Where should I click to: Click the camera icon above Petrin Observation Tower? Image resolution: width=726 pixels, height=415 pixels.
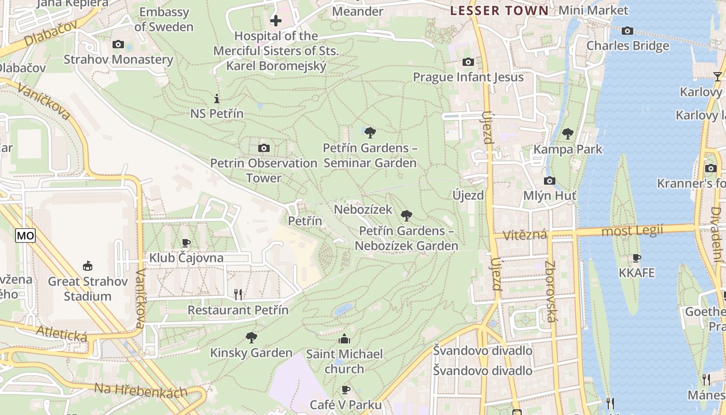(263, 148)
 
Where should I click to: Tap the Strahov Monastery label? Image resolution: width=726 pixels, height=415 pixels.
(118, 60)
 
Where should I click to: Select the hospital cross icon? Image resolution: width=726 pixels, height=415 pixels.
(276, 21)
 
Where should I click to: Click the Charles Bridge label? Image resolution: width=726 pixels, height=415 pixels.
(627, 46)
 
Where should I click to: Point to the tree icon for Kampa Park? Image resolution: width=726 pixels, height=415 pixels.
(568, 134)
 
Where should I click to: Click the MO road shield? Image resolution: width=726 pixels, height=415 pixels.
(25, 236)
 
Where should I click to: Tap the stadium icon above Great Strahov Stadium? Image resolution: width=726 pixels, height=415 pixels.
(88, 266)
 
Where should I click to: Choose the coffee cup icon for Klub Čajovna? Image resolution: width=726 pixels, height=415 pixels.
(186, 243)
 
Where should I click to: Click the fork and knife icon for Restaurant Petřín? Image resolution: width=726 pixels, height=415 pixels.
(238, 295)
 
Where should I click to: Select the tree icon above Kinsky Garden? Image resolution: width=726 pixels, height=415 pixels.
(251, 338)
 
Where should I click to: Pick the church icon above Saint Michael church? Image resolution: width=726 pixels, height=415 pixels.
(344, 339)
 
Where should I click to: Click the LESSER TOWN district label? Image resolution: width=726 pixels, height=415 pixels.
(499, 11)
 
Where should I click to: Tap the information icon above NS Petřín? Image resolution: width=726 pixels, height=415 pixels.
(217, 99)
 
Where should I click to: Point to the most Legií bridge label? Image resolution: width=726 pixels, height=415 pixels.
(632, 231)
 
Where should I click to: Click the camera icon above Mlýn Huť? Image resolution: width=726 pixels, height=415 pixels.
(549, 181)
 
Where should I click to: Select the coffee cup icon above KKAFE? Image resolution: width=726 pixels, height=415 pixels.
(637, 258)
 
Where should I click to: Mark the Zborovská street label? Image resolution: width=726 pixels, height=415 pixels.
(551, 291)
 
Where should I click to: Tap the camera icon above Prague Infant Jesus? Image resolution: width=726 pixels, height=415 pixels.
(468, 62)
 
